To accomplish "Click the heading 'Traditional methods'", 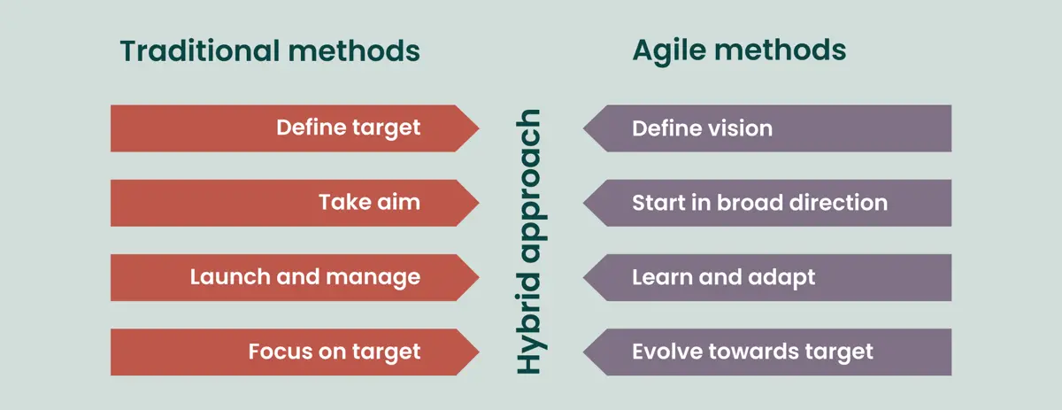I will (x=270, y=51).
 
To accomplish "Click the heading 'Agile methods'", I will (x=739, y=51).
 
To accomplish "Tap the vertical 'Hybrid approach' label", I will (x=529, y=241).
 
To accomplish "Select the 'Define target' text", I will (x=348, y=128).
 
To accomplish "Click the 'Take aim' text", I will (x=369, y=203).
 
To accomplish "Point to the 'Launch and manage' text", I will (x=304, y=277).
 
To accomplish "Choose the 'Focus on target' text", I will (x=334, y=352).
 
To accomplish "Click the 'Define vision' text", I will (x=702, y=128).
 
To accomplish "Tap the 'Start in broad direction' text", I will (x=759, y=203).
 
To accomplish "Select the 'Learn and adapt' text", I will (x=723, y=277).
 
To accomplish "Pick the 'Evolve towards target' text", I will (x=752, y=352).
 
